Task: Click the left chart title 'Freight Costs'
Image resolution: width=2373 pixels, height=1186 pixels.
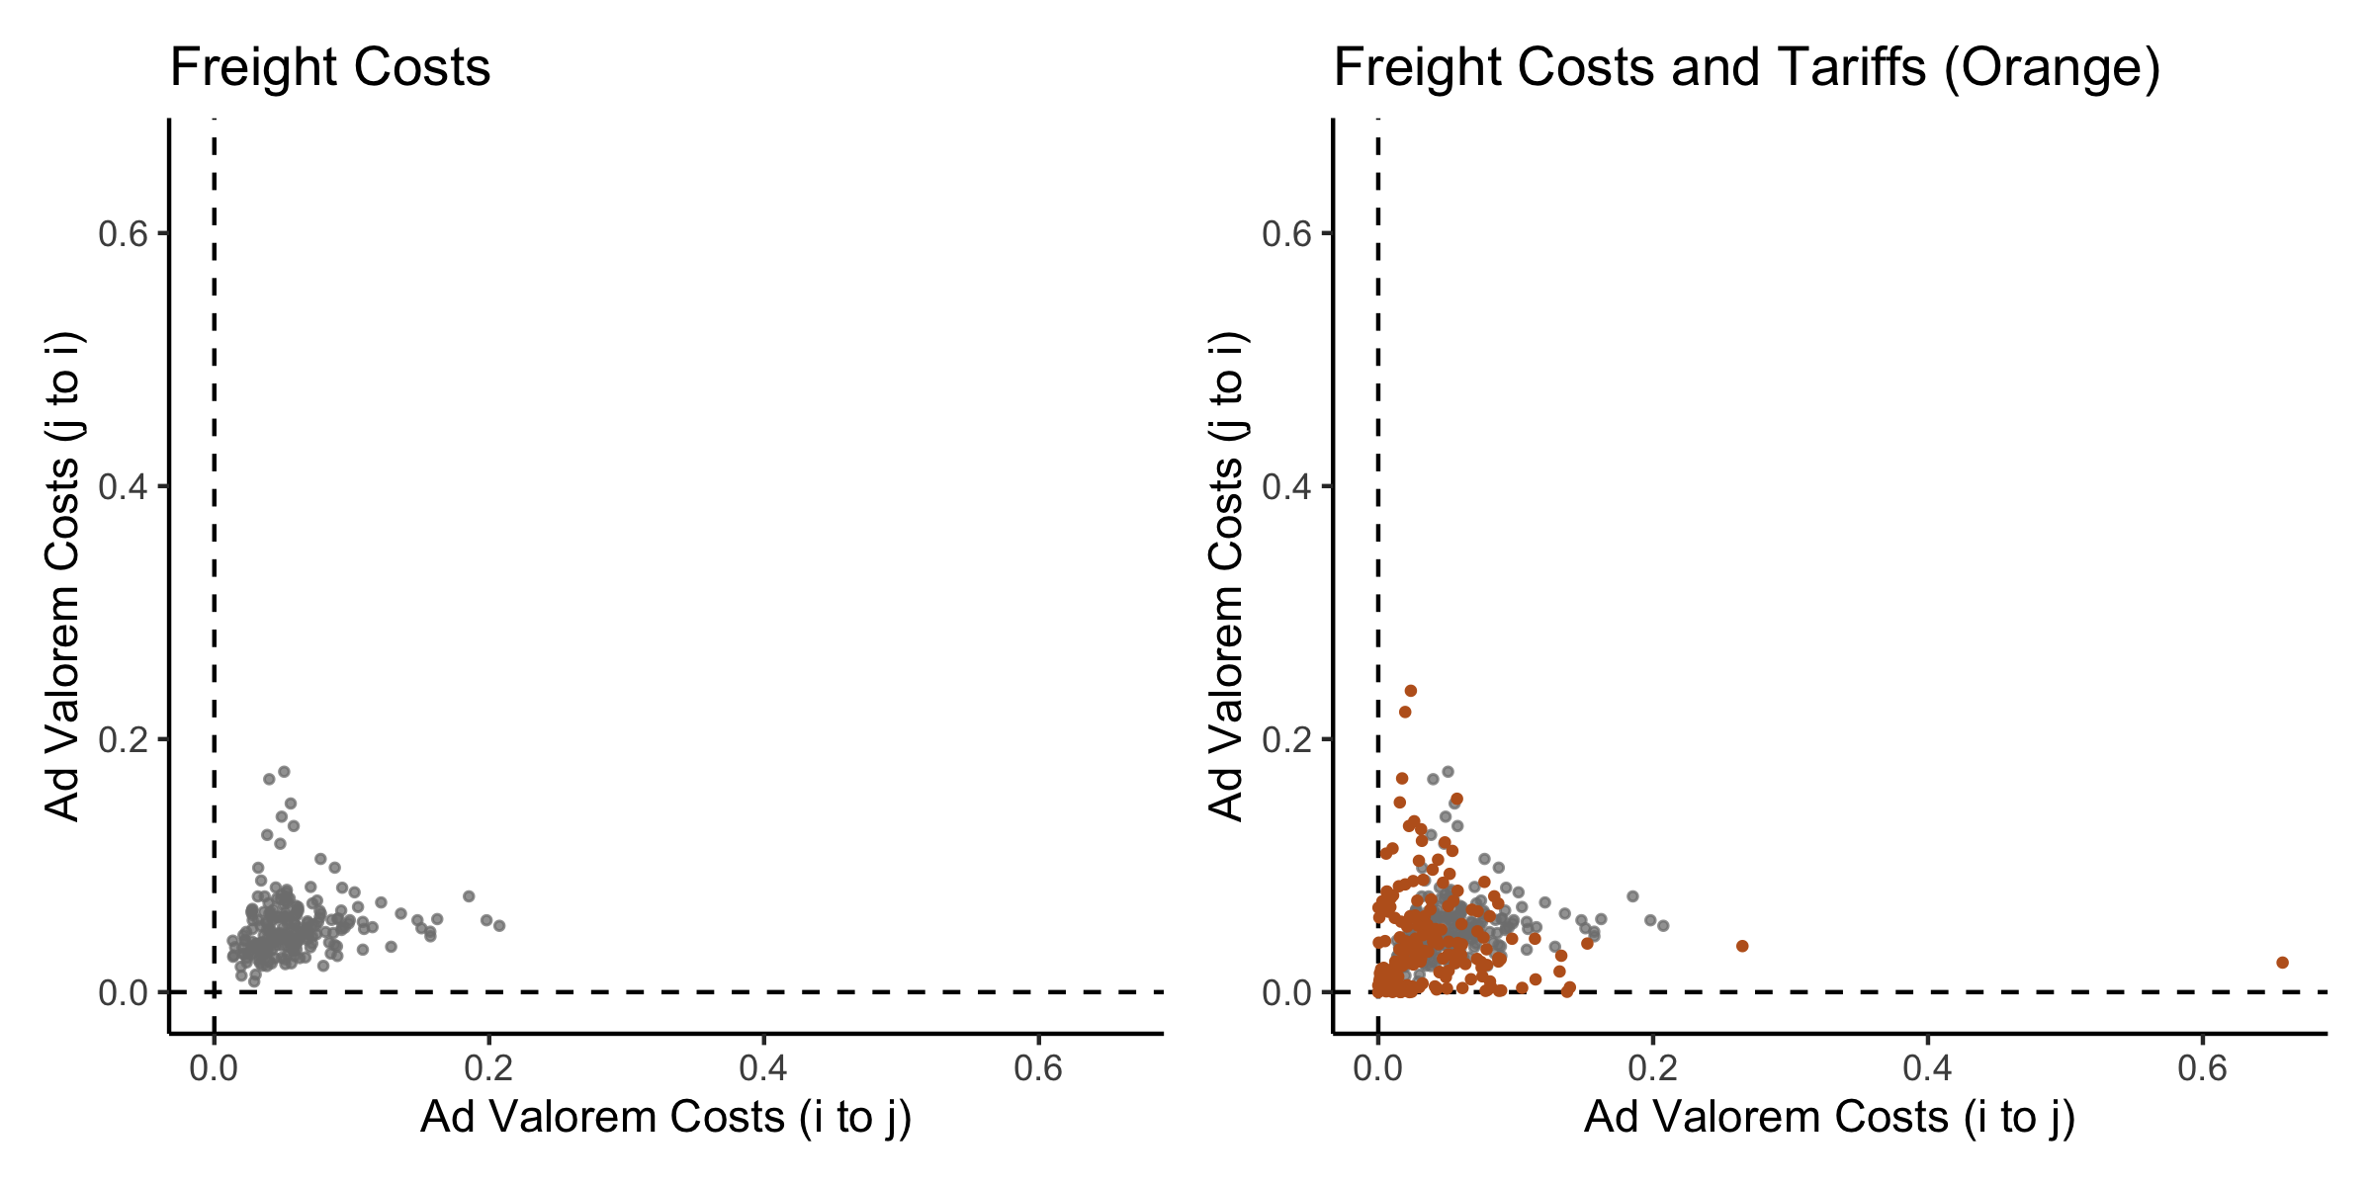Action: pyautogui.click(x=330, y=68)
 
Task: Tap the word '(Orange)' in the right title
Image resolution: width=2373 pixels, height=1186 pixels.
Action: pyautogui.click(x=2052, y=68)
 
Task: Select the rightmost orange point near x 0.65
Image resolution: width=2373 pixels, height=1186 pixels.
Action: pyautogui.click(x=2282, y=963)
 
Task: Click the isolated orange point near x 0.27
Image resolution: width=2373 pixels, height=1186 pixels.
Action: pyautogui.click(x=1742, y=946)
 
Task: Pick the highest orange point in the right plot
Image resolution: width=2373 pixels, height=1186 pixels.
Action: pyautogui.click(x=1411, y=691)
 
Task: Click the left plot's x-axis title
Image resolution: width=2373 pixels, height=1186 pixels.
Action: pyautogui.click(x=665, y=1118)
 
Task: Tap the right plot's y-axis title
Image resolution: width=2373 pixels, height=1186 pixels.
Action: pyautogui.click(x=1227, y=575)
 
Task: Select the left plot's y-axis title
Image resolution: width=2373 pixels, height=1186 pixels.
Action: pyautogui.click(x=63, y=575)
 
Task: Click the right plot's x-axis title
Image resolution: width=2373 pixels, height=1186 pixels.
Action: pyautogui.click(x=1829, y=1118)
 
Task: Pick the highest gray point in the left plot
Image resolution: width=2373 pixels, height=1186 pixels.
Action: pyautogui.click(x=284, y=771)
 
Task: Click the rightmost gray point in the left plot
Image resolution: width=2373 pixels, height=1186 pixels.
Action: pyautogui.click(x=499, y=926)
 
